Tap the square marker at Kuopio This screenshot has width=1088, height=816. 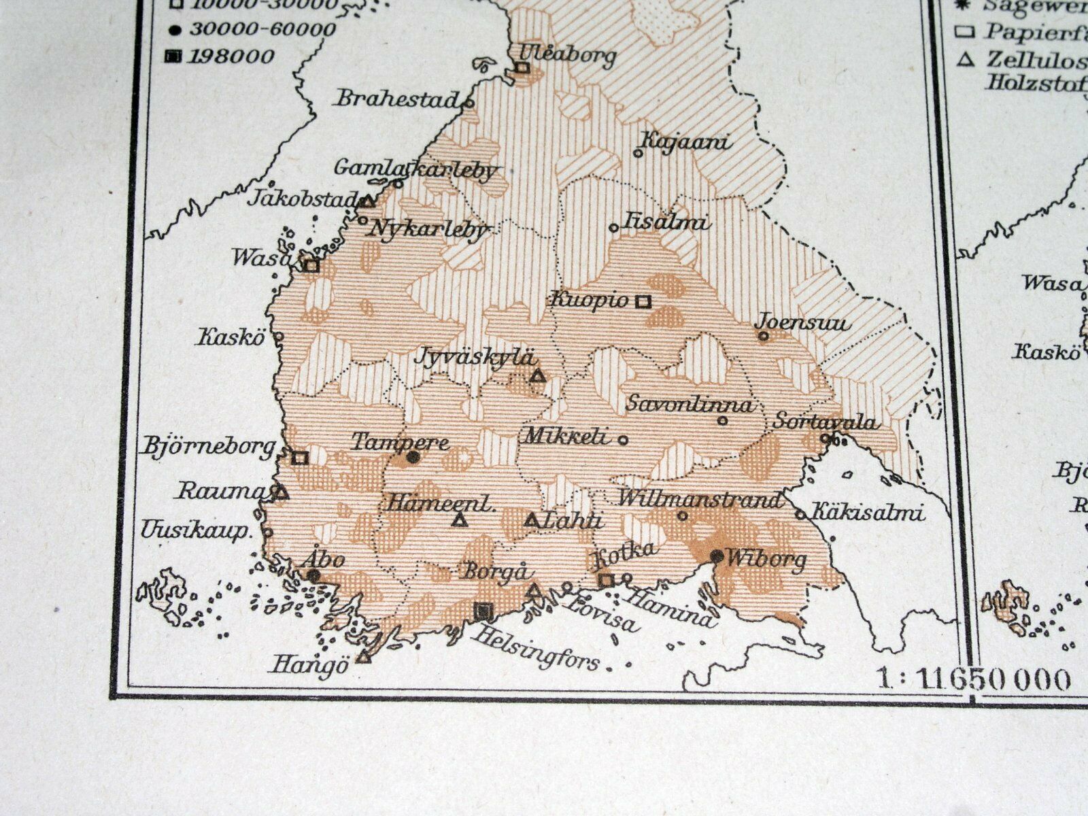point(643,301)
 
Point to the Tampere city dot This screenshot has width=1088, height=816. point(412,457)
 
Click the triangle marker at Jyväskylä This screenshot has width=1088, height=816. point(538,375)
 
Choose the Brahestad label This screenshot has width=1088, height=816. point(397,99)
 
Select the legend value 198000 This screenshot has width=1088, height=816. point(231,56)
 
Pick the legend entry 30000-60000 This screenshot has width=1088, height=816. point(262,29)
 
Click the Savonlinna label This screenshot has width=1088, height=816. point(690,404)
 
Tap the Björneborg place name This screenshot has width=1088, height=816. point(208,446)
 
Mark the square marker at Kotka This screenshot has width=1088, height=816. point(606,579)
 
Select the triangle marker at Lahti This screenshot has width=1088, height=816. point(532,521)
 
